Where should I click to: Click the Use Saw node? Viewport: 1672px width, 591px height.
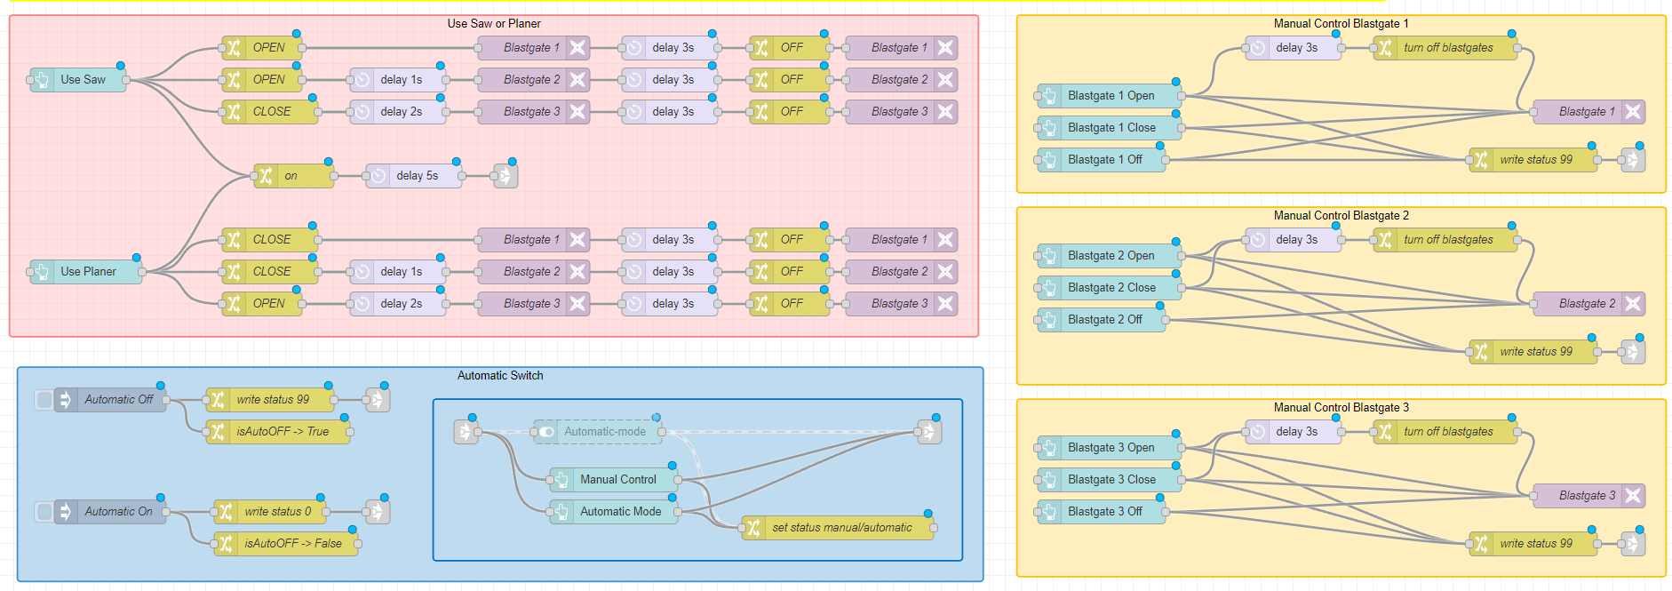(x=82, y=80)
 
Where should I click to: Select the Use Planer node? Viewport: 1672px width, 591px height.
(x=88, y=272)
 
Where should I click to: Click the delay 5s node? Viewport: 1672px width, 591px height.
(x=416, y=176)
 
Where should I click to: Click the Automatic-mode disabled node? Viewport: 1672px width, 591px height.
(x=604, y=432)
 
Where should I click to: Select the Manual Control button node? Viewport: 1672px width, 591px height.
(x=617, y=480)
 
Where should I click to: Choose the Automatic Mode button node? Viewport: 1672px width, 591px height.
(x=619, y=512)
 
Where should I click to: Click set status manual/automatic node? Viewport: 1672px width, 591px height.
(x=840, y=528)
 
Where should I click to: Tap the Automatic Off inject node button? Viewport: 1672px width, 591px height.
(x=44, y=400)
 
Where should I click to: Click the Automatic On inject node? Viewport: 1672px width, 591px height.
(x=117, y=512)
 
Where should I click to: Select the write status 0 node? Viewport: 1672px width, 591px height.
(x=276, y=512)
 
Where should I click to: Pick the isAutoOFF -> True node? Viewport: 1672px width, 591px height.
(x=281, y=432)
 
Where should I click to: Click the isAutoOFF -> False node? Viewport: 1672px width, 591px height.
(x=291, y=544)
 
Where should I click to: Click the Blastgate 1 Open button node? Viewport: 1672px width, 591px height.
(x=1111, y=96)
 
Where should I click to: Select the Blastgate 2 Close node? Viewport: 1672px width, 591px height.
(x=1111, y=288)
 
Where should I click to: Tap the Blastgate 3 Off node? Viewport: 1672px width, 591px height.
(x=1104, y=512)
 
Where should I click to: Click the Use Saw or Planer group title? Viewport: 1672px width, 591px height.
(x=494, y=24)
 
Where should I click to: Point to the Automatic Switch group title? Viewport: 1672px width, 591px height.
(x=500, y=376)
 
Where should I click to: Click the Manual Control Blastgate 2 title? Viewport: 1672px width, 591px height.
(x=1341, y=216)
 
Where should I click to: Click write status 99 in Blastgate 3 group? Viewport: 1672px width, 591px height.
(x=1535, y=544)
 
